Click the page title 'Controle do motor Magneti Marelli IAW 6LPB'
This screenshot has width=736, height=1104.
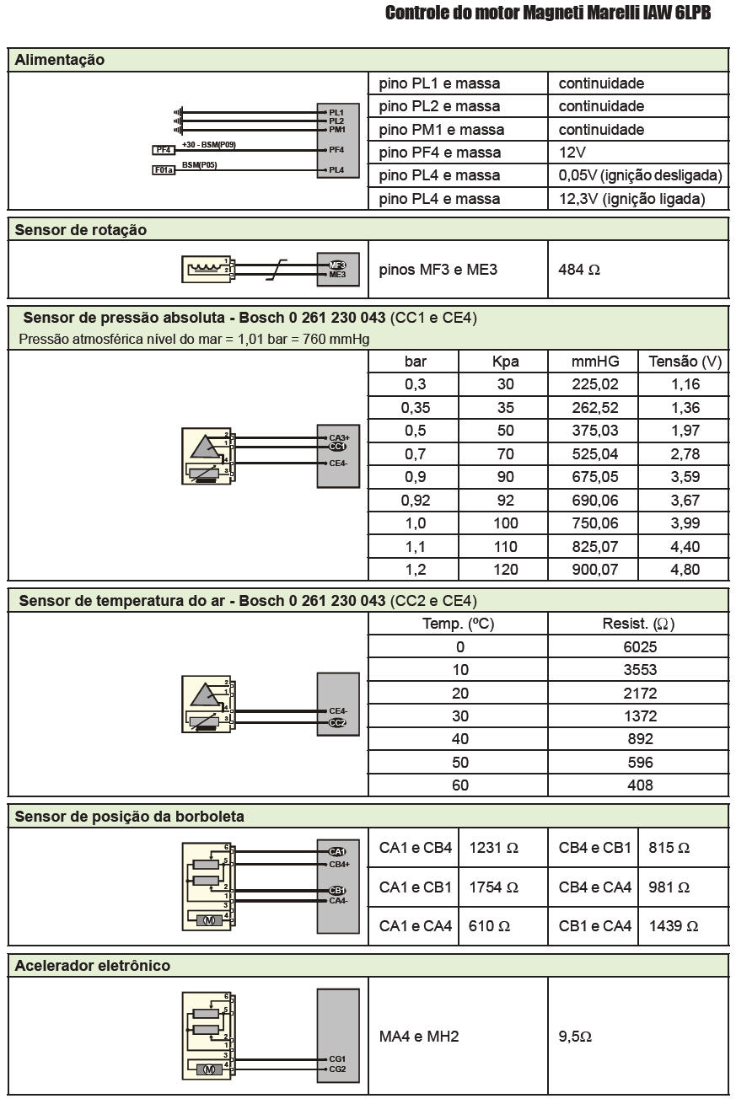pos(548,13)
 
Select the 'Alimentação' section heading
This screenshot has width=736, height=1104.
pos(60,61)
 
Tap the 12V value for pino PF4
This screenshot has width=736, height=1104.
pos(572,153)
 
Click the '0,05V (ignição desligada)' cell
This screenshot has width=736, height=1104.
pos(640,175)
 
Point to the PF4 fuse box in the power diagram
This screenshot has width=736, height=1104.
pos(164,150)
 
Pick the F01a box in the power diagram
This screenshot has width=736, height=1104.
pos(164,169)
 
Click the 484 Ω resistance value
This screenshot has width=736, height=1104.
pos(579,271)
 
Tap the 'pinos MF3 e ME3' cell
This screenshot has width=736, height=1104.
pos(438,270)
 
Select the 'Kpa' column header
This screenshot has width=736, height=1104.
pos(505,362)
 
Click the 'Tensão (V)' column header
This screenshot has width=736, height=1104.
pos(685,362)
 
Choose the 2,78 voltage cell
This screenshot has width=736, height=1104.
pos(685,454)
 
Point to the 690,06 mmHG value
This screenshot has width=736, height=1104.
pos(594,501)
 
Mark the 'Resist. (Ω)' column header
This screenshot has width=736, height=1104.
pos(638,624)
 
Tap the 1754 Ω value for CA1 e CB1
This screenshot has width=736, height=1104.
pos(493,887)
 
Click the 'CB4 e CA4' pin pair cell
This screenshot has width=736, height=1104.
pos(595,887)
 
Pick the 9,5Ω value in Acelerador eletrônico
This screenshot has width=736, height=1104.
pos(575,1036)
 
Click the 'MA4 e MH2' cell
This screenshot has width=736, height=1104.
pos(419,1036)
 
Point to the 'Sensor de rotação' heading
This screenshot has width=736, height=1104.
pos(81,230)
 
